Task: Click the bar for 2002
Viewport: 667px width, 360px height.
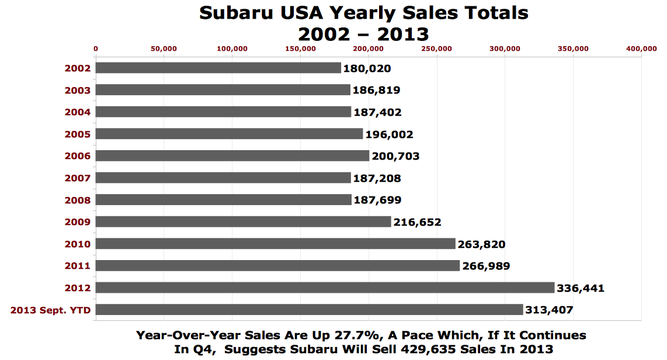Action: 218,68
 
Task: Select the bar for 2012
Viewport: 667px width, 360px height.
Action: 325,288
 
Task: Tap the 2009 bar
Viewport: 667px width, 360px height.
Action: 243,221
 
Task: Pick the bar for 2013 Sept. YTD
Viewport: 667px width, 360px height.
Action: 309,310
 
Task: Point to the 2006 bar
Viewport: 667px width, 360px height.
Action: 232,155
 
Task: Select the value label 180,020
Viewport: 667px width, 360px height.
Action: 367,68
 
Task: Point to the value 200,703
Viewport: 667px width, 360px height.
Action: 396,156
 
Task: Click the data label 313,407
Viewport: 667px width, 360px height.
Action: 550,310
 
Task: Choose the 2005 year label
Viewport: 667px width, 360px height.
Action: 78,134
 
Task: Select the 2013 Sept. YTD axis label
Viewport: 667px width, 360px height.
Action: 51,310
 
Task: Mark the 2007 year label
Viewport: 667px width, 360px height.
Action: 78,178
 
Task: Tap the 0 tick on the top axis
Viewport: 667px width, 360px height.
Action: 96,49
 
